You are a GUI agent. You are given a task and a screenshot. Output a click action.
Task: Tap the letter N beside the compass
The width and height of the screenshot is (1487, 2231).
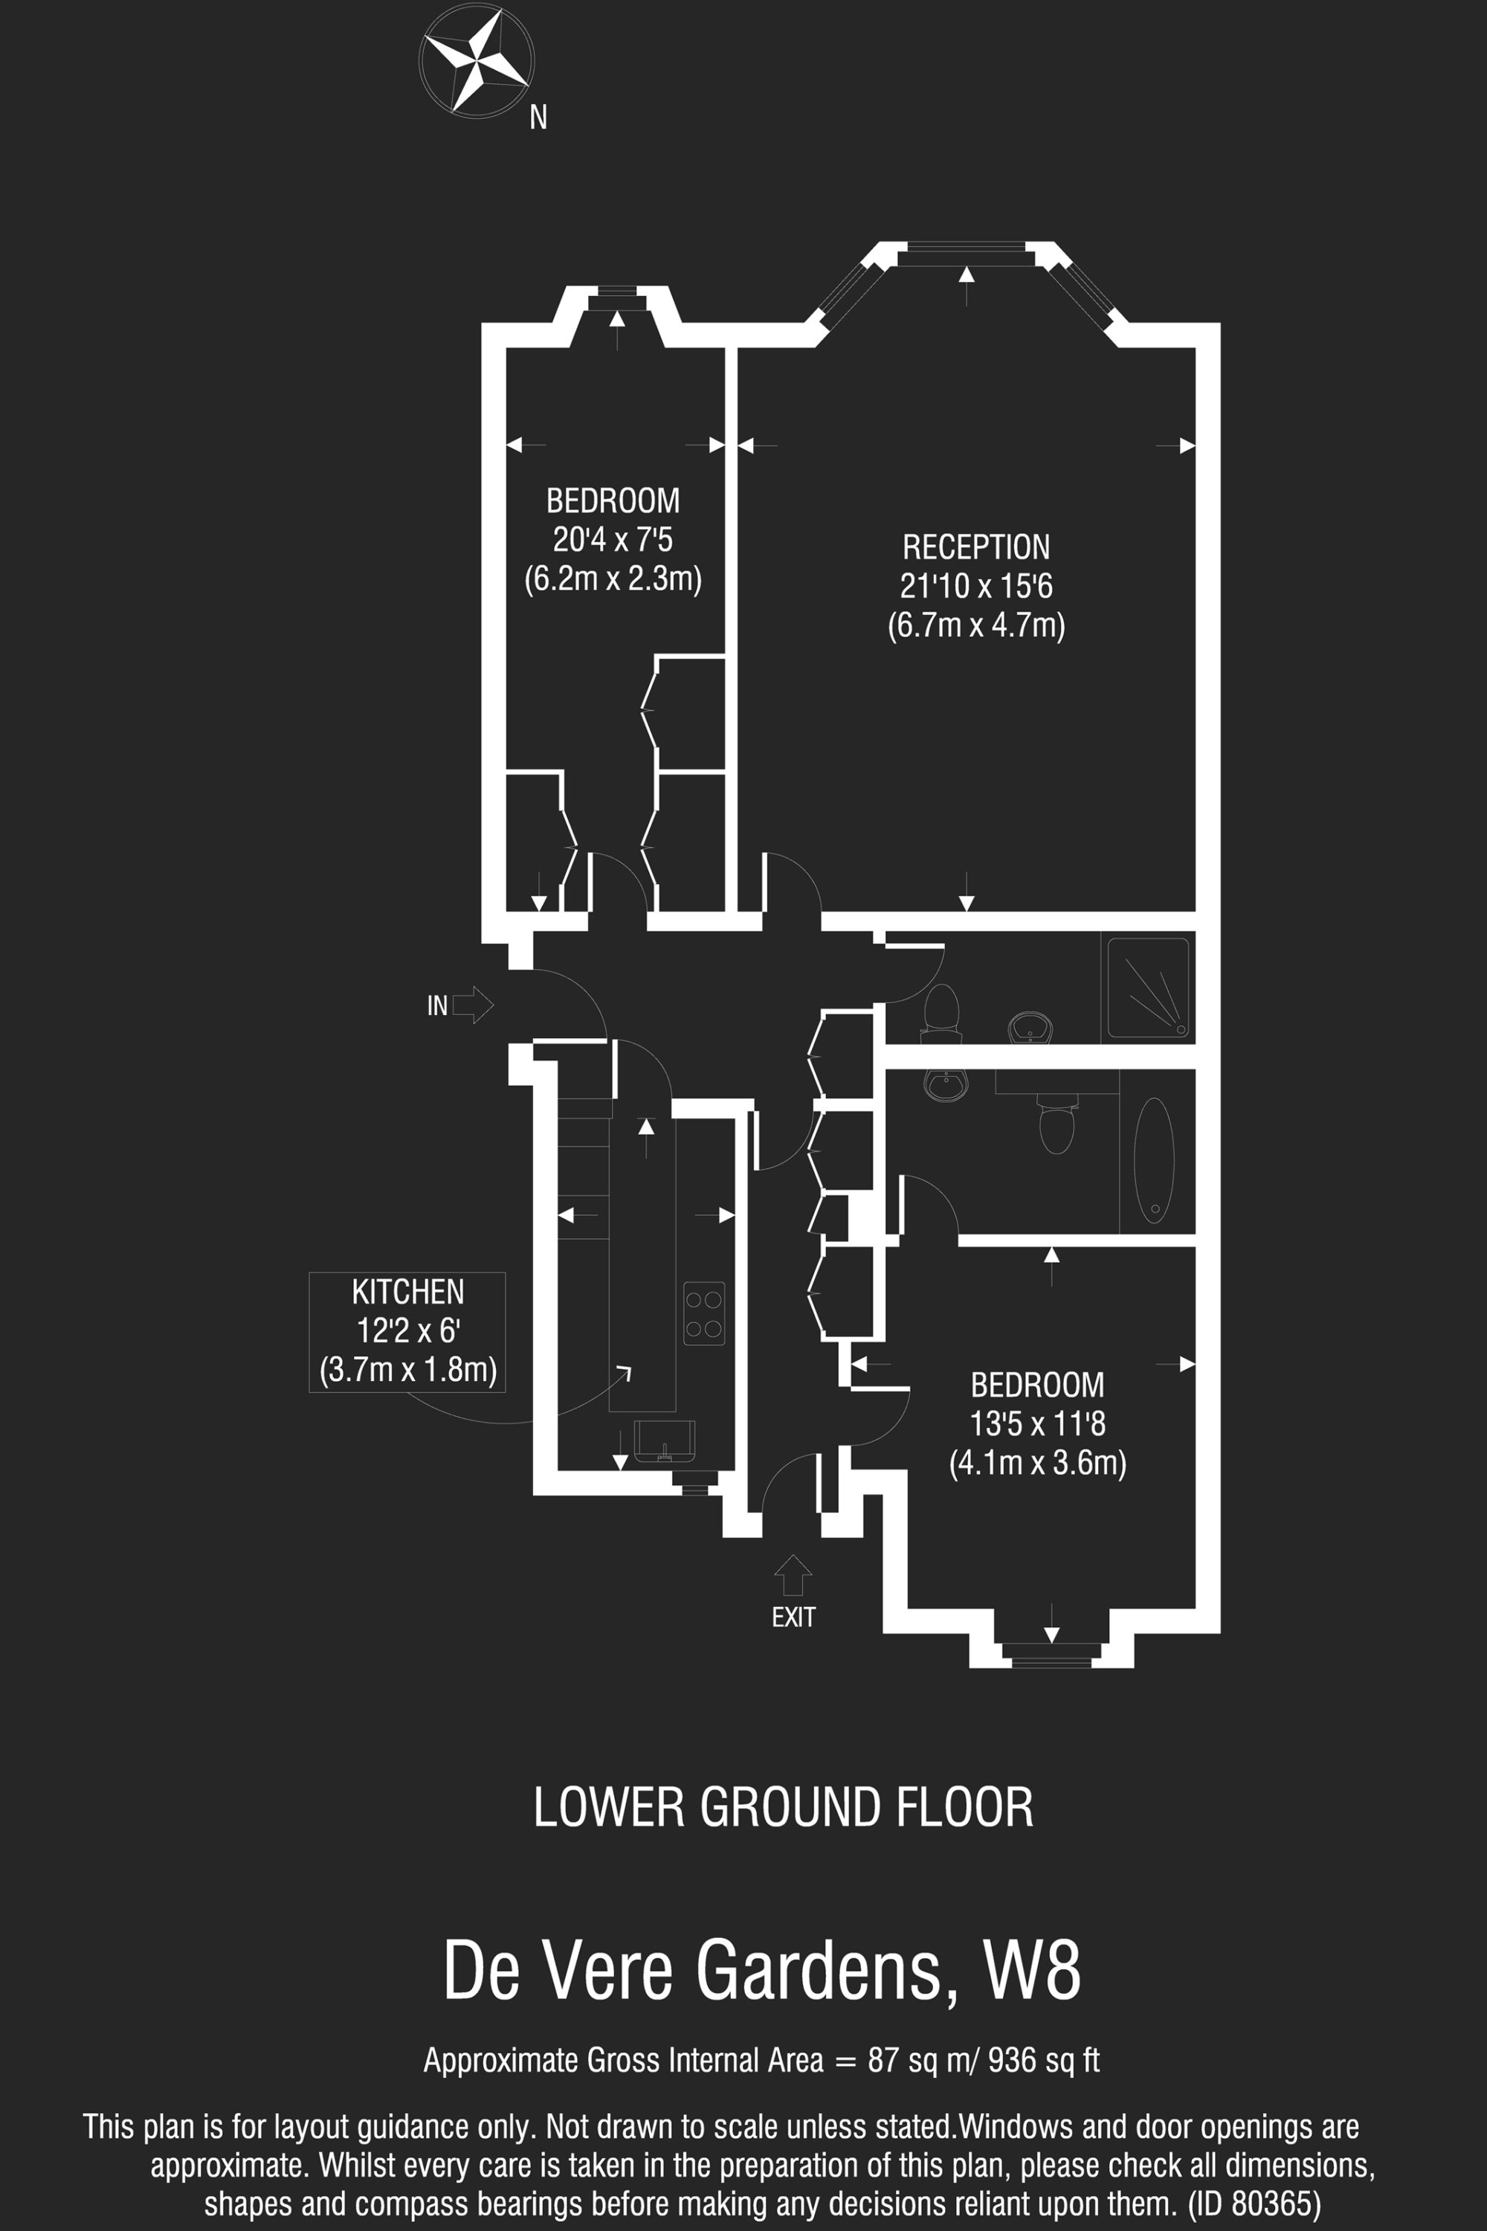tap(538, 117)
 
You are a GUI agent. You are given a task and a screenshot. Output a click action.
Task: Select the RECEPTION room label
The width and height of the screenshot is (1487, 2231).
tap(975, 547)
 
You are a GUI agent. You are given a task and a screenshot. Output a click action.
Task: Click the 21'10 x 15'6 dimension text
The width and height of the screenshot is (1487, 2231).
tap(975, 586)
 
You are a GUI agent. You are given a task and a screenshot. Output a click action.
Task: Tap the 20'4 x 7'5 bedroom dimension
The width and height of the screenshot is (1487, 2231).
tap(613, 540)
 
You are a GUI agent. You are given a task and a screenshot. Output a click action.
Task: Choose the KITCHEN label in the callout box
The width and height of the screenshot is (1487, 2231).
tap(407, 1292)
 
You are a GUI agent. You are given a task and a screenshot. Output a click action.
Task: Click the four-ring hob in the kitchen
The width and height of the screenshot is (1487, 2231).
tap(703, 1313)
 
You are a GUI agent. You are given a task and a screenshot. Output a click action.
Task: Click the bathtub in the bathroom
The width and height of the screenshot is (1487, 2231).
tap(1153, 1160)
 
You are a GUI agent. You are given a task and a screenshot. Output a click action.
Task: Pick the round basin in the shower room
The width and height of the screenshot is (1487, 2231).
tap(1030, 1026)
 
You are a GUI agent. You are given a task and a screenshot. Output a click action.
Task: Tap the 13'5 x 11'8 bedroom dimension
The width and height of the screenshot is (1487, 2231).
tap(1037, 1424)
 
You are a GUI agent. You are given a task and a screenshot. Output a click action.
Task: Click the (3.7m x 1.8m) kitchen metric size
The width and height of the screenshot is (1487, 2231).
tap(407, 1370)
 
